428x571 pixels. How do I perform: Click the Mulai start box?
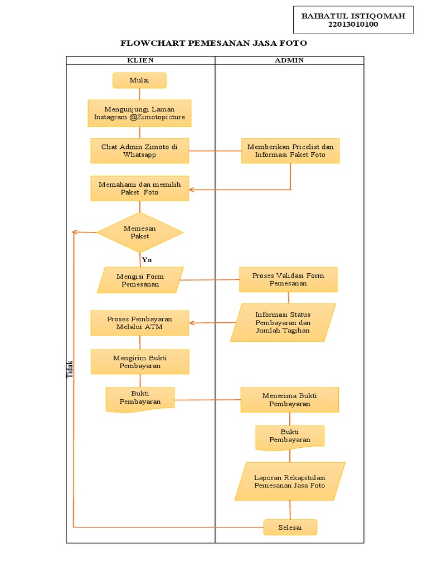(139, 80)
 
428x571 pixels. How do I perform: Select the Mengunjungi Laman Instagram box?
(139, 113)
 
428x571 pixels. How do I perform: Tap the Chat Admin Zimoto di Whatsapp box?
(139, 151)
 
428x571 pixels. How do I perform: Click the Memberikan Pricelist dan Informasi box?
(290, 151)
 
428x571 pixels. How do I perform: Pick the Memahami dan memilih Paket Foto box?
(139, 188)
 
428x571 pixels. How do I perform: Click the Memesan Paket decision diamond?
(139, 232)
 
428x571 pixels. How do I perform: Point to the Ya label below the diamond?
(147, 260)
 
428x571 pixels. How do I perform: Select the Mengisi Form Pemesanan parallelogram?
(139, 280)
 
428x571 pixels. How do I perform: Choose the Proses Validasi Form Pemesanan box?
(288, 279)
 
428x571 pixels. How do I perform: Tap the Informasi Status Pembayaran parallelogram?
(283, 322)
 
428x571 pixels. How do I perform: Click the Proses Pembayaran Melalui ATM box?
(139, 323)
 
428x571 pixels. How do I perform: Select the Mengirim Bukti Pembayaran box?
(139, 362)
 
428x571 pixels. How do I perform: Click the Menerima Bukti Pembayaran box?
(289, 400)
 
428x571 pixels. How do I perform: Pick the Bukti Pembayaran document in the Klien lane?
(140, 398)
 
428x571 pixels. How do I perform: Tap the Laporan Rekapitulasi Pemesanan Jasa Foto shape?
(289, 482)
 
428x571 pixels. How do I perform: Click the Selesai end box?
(290, 528)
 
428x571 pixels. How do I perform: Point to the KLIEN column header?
(140, 60)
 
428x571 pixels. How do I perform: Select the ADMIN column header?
(289, 60)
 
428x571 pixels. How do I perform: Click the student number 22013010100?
(353, 24)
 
